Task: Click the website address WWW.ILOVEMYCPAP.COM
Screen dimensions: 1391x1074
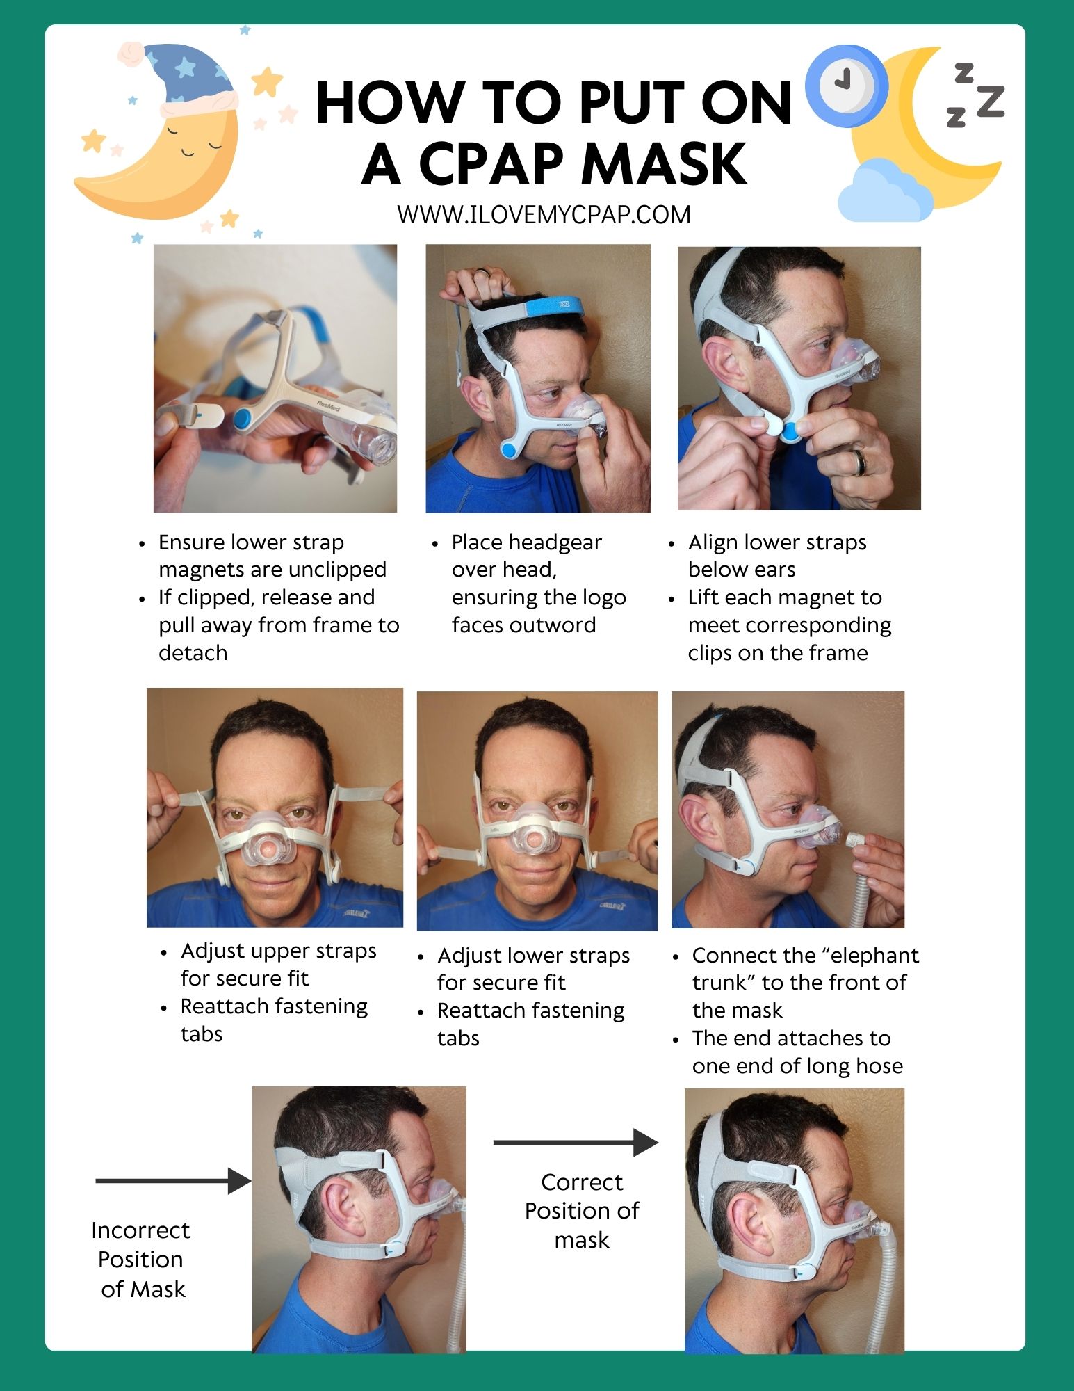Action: point(544,215)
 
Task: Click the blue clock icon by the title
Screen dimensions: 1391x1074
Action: point(846,86)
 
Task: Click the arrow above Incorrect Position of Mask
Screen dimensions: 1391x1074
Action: point(173,1181)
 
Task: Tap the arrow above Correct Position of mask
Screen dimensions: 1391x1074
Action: point(576,1142)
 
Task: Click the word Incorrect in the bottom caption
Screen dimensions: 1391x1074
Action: point(140,1230)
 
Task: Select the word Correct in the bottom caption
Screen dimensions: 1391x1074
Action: point(581,1182)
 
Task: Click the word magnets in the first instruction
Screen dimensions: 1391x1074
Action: point(201,570)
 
